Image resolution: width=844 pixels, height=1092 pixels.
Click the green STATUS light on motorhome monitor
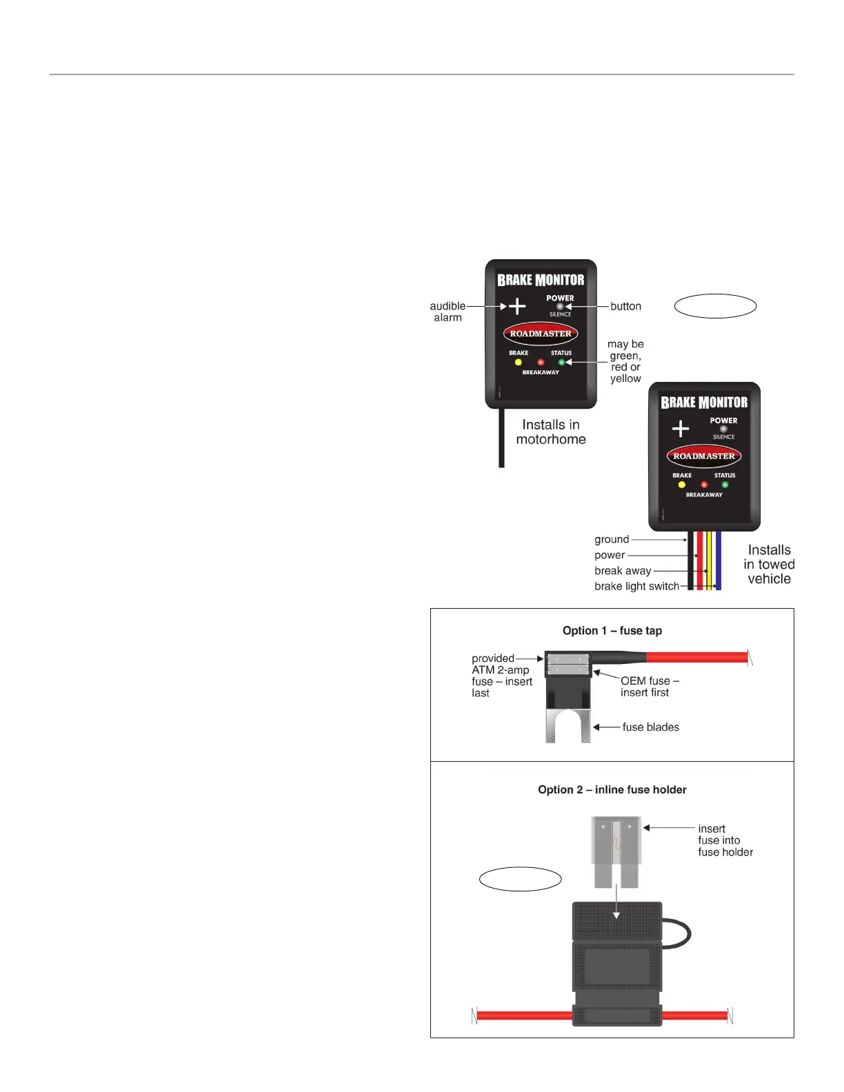561,362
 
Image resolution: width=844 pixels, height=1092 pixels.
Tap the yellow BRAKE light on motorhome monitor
519,362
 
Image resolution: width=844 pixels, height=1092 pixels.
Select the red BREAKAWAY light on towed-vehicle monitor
704,485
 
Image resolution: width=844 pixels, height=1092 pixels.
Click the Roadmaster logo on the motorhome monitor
541,334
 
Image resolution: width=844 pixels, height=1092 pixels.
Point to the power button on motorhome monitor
560,306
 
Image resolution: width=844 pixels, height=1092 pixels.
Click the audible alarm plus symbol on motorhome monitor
517,306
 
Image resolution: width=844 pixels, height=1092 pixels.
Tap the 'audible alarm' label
448,312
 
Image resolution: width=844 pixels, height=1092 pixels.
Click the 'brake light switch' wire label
636,587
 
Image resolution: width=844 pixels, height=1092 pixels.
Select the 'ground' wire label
612,540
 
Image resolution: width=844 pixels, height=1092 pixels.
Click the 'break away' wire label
623,571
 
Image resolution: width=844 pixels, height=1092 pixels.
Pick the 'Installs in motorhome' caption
551,432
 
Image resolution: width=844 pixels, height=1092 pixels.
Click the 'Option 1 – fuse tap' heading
612,631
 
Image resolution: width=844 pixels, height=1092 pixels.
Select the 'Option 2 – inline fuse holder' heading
612,790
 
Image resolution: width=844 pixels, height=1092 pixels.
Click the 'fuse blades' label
650,727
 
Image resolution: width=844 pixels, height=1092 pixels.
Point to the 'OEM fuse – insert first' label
649,687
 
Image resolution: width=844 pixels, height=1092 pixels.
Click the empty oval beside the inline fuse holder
521,879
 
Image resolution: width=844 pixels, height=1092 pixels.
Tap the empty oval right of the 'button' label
715,306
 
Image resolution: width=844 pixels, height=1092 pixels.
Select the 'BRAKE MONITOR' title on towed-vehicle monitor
704,403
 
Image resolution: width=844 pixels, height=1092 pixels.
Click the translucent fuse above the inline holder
616,851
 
